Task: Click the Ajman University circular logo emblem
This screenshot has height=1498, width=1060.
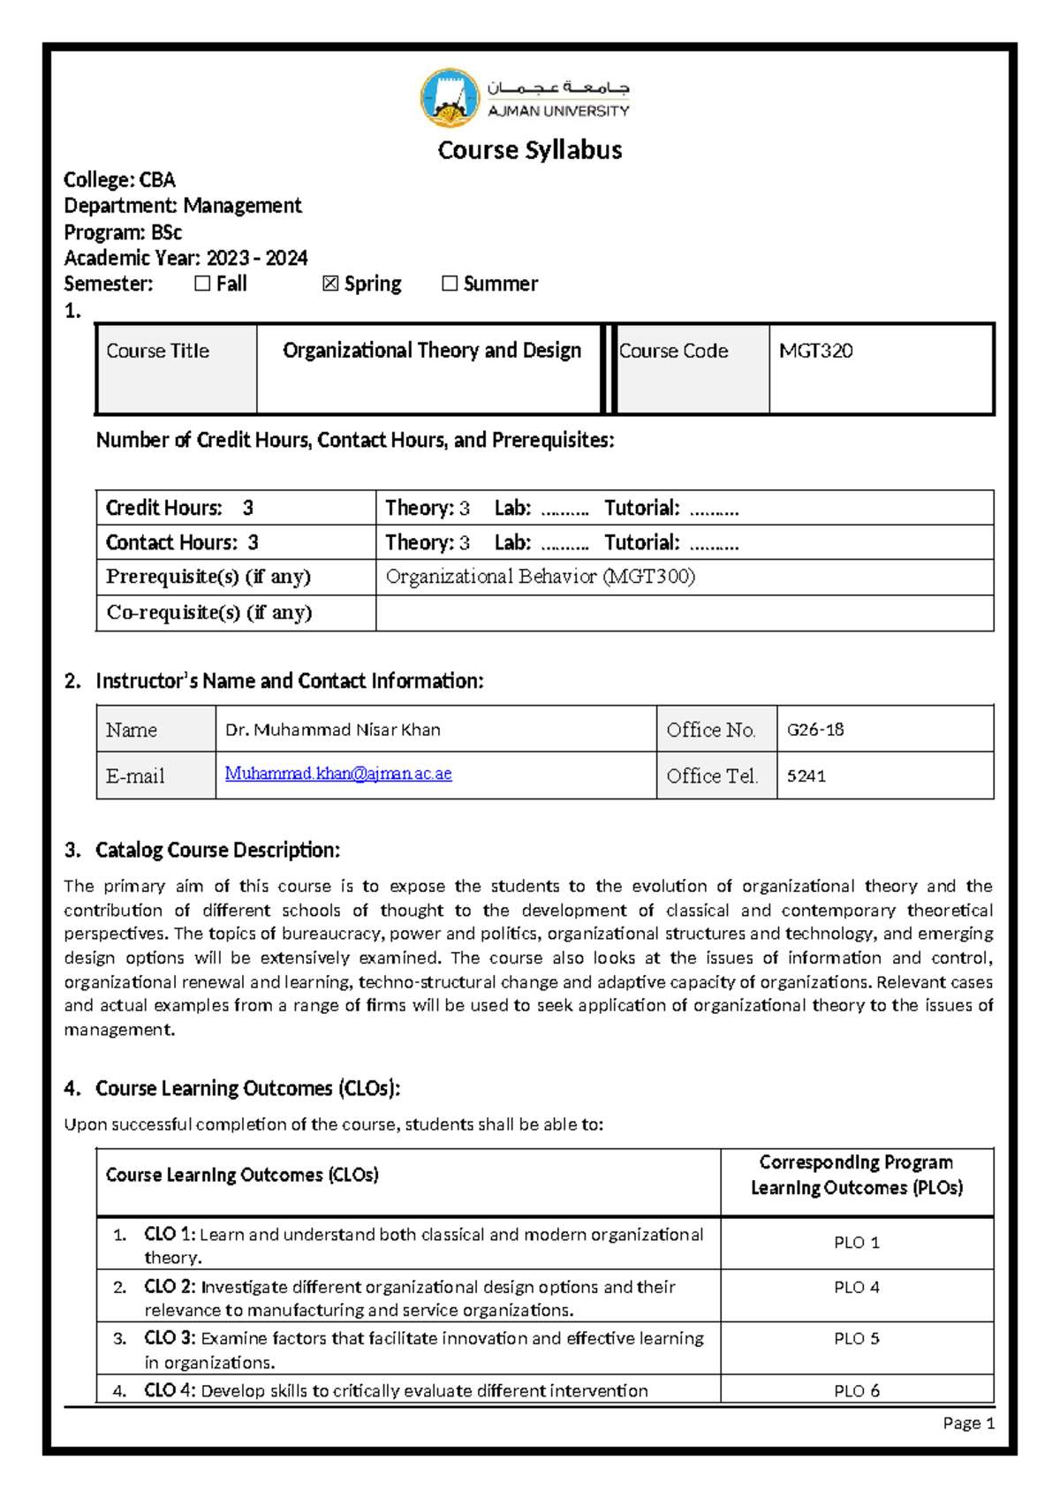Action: click(450, 98)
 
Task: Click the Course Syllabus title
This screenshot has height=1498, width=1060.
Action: click(530, 150)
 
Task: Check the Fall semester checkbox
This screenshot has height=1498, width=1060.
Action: click(202, 284)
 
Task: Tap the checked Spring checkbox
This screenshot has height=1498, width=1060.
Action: click(330, 284)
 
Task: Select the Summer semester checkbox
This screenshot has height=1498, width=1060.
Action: click(450, 284)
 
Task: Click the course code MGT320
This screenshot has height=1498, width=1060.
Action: click(815, 351)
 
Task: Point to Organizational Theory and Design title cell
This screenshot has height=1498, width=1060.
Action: click(431, 351)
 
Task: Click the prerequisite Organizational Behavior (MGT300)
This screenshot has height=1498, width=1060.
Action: click(540, 577)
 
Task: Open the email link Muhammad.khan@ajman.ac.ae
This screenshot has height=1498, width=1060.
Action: click(338, 774)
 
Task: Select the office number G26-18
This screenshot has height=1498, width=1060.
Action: click(814, 730)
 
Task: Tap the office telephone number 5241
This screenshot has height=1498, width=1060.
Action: click(806, 776)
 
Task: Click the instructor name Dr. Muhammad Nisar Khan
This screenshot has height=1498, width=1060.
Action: click(333, 730)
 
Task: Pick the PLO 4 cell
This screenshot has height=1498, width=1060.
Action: click(856, 1288)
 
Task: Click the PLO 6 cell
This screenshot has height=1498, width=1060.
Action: click(856, 1390)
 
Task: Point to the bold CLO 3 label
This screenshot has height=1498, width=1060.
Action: click(170, 1338)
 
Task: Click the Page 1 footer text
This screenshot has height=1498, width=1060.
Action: click(968, 1423)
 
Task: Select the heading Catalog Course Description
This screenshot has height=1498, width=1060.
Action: click(217, 850)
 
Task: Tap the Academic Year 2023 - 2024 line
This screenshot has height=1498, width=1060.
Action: click(185, 258)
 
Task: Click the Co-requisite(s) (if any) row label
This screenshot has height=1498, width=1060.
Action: click(209, 612)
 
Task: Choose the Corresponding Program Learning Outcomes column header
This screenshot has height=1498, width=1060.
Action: click(856, 1175)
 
